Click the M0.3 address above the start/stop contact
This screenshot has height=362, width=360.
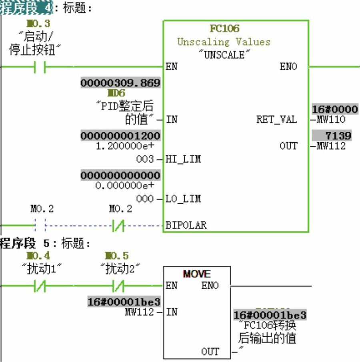[39, 24]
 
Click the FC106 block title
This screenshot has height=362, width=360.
[224, 29]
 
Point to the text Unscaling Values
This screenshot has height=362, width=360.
[224, 42]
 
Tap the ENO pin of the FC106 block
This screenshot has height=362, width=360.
[288, 67]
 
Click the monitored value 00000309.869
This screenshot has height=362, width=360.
[120, 83]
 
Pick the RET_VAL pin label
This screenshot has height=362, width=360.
[276, 119]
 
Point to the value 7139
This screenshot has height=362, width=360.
[338, 135]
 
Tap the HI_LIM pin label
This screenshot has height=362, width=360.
[183, 159]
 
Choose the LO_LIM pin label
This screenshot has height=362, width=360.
[183, 199]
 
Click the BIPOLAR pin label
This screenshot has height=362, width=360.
[186, 225]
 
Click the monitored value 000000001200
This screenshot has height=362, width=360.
[120, 136]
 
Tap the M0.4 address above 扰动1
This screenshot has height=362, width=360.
[38, 256]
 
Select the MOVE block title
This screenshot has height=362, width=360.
[197, 274]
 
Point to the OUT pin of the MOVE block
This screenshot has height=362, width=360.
[210, 352]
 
